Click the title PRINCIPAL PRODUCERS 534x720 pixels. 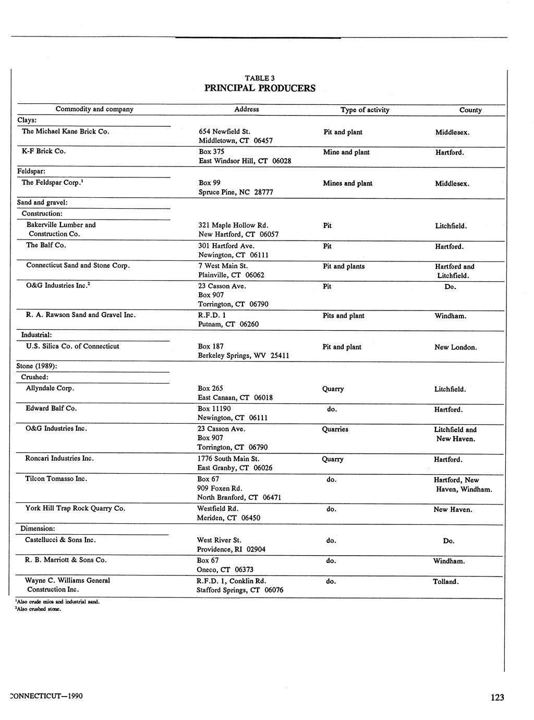pyautogui.click(x=260, y=88)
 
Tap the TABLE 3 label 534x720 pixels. pyautogui.click(x=260, y=78)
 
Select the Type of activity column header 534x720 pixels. pyautogui.click(x=365, y=110)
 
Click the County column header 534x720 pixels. pyautogui.click(x=470, y=110)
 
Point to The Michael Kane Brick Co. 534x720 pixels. pyautogui.click(x=65, y=131)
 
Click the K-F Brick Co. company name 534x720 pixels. pyautogui.click(x=44, y=151)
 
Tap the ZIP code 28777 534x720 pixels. pyautogui.click(x=264, y=193)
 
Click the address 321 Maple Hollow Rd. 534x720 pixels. pyautogui.click(x=233, y=225)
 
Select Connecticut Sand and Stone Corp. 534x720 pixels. pyautogui.click(x=78, y=266)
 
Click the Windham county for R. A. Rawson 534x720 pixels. pyautogui.click(x=450, y=316)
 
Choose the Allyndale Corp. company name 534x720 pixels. pyautogui.click(x=50, y=388)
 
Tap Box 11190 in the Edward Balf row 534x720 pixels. pyautogui.click(x=214, y=409)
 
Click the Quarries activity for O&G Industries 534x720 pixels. pyautogui.click(x=335, y=429)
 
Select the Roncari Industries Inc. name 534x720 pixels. pyautogui.click(x=59, y=458)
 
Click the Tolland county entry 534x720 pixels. pyautogui.click(x=445, y=582)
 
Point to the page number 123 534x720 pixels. pyautogui.click(x=497, y=698)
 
